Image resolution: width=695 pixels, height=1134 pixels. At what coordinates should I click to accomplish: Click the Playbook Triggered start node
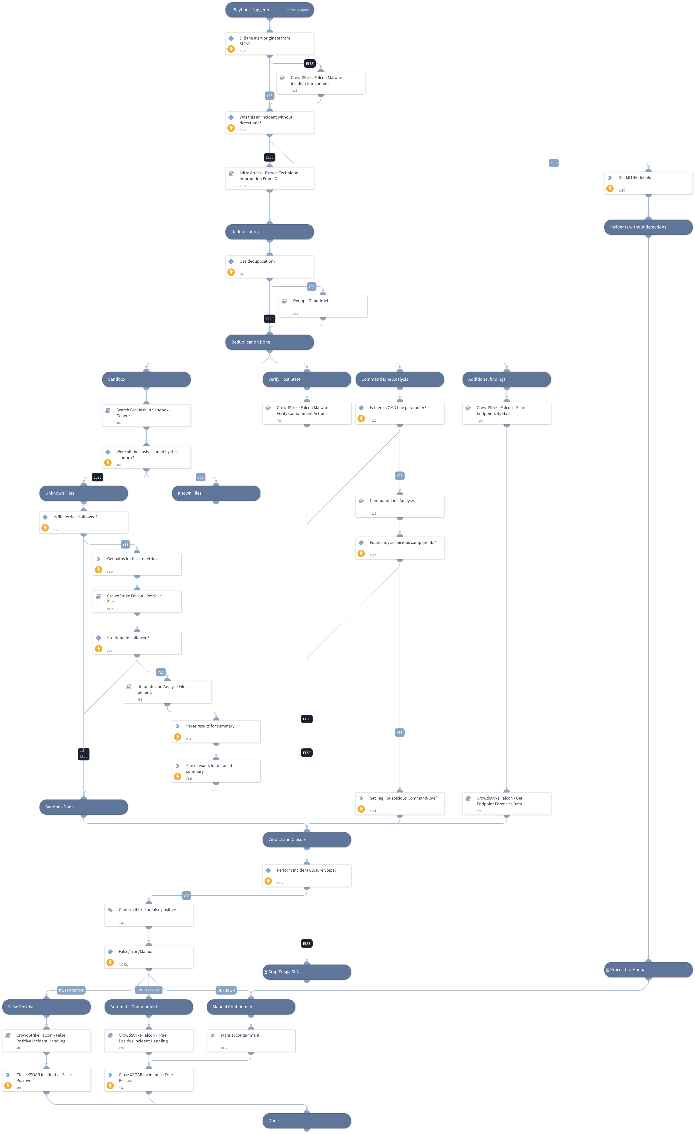point(269,10)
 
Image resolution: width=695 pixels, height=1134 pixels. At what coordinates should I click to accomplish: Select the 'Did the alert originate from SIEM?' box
point(269,44)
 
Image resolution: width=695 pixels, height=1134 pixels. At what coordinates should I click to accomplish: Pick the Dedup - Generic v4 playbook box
point(323,306)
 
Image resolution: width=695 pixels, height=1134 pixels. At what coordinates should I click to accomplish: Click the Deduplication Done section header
point(269,342)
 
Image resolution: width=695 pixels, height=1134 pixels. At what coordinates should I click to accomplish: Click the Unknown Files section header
point(83,493)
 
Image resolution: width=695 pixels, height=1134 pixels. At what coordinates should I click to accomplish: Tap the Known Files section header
point(216,493)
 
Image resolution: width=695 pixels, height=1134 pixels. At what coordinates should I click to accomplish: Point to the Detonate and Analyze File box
point(167,692)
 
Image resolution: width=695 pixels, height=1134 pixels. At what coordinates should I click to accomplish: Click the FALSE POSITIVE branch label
point(71,990)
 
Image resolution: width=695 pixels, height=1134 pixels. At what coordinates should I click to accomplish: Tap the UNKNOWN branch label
point(226,990)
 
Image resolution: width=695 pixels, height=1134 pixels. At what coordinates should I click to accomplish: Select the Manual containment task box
point(251,1041)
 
